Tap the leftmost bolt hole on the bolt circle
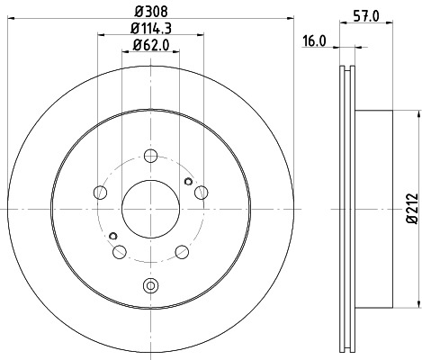[98, 192]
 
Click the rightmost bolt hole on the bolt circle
[201, 191]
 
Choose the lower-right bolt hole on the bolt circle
[181, 252]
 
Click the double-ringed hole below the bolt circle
[149, 286]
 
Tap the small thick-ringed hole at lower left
[112, 237]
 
